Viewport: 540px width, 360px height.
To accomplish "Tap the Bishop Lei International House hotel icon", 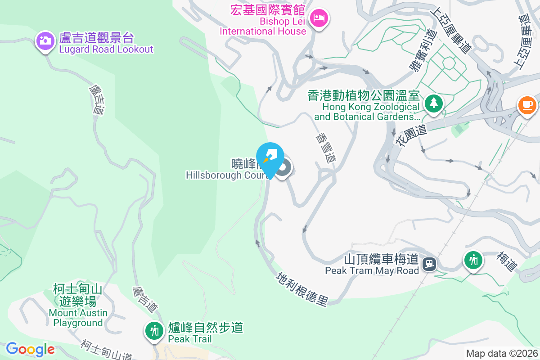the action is (319, 18).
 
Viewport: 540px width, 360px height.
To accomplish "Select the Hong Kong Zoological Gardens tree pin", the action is (433, 103).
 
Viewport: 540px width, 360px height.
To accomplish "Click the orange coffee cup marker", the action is (527, 105).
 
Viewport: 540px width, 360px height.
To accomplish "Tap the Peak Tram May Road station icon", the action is (430, 263).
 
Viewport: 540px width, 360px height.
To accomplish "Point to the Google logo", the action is (30, 349).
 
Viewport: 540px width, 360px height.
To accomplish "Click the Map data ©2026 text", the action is (502, 354).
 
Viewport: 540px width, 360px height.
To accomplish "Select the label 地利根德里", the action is (302, 288).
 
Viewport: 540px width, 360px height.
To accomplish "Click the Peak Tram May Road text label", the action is (372, 265).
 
